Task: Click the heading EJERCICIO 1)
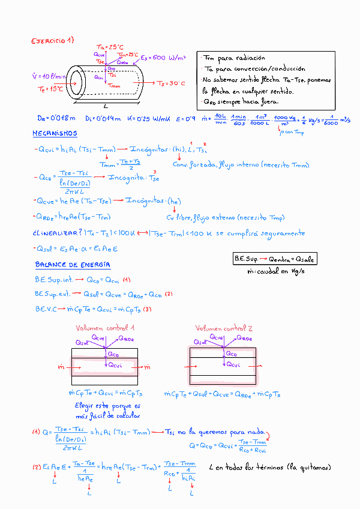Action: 52,41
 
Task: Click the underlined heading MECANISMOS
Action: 55,133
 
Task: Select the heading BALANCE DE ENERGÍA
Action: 73,265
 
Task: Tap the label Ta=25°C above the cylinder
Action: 110,47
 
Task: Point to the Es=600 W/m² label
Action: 163,58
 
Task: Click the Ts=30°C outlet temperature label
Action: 171,83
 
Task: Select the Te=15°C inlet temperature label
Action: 50,89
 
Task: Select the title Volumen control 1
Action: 105,328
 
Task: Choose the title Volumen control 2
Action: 224,328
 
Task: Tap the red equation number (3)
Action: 147,309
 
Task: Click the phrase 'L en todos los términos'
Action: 244,467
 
